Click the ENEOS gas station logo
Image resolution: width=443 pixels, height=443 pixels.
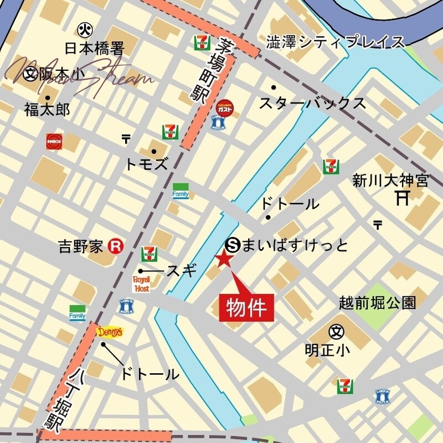point(54,141)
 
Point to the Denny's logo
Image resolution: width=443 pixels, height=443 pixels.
point(110,332)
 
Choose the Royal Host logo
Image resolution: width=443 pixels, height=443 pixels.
point(141,284)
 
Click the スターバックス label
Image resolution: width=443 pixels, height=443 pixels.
point(313,103)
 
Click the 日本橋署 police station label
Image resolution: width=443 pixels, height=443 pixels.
point(94,49)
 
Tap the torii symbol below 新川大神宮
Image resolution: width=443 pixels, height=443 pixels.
point(403,197)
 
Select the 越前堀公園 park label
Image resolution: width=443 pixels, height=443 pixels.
point(377,302)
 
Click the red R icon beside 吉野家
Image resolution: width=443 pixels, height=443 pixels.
point(115,246)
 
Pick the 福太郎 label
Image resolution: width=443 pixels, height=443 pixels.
point(47,110)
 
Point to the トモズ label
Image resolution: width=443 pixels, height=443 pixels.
point(146,163)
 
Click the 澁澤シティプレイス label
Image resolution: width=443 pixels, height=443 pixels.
point(336,41)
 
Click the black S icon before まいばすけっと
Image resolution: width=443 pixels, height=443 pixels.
point(234,244)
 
